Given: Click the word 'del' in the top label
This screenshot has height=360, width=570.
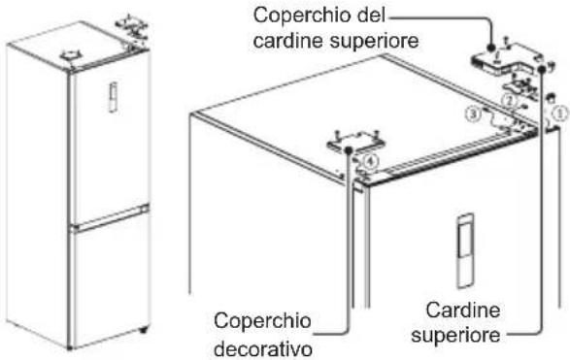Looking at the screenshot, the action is tap(367, 16).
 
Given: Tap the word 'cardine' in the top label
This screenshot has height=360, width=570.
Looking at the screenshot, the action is tap(287, 41).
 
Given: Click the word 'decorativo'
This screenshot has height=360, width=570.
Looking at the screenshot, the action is tap(263, 349).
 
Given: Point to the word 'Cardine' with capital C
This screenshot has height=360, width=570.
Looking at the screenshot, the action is tap(463, 310).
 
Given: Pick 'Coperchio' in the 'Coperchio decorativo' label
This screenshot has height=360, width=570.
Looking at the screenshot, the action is tap(262, 322).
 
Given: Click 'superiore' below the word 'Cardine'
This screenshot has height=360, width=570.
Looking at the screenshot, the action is tap(455, 336).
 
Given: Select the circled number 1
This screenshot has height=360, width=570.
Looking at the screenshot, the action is tap(560, 114).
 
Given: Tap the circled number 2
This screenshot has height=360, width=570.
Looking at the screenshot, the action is tap(509, 101).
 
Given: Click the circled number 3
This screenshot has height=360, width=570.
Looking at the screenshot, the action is tap(473, 115).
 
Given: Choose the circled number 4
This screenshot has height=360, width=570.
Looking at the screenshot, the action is tap(370, 161).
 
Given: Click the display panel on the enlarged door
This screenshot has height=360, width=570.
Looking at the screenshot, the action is tap(465, 250).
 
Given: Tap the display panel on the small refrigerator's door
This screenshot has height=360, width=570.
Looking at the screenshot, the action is tap(114, 97).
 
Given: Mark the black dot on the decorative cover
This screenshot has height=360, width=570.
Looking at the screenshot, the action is tap(349, 149).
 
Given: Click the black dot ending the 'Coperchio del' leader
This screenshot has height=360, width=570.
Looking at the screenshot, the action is tap(491, 48).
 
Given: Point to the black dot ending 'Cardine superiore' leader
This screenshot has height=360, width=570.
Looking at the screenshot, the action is tap(542, 69).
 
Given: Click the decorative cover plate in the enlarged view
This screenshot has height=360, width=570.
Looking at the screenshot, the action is tap(355, 142).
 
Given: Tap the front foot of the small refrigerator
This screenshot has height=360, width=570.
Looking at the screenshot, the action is tap(143, 330).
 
